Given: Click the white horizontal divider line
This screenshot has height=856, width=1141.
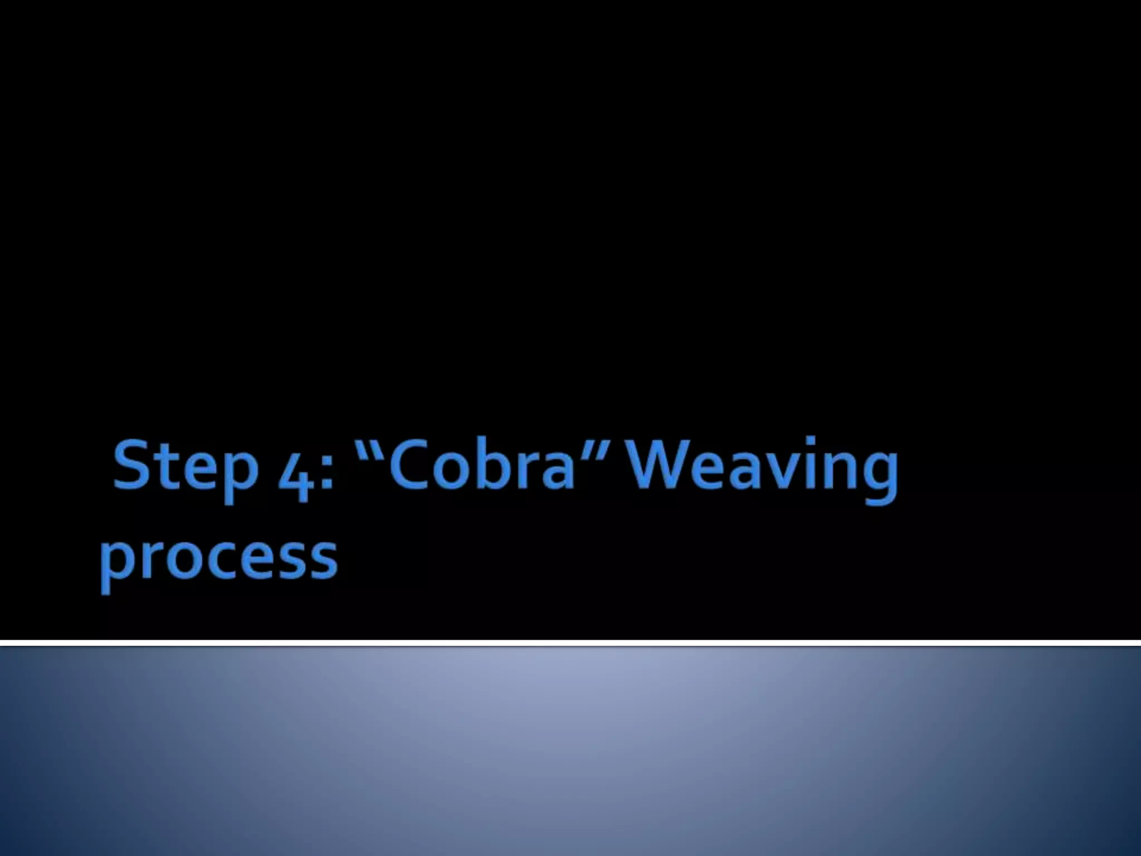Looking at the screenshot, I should pos(570,643).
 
